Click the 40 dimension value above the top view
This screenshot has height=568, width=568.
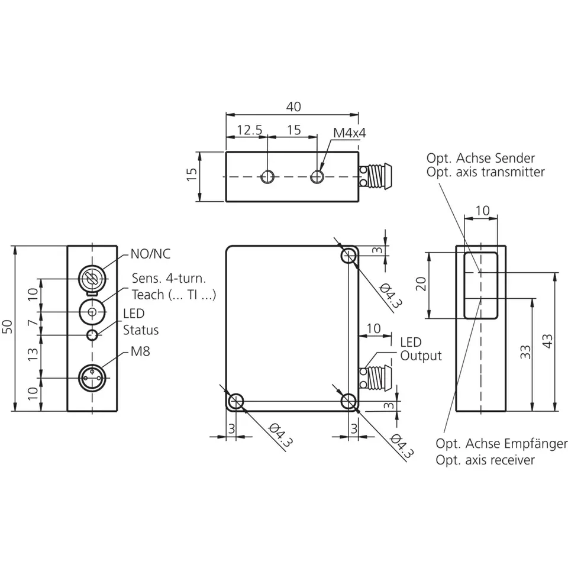293,107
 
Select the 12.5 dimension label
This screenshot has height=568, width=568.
249,130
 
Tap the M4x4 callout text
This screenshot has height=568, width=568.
350,133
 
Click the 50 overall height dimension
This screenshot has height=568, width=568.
8,327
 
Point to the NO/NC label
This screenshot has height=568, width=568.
150,254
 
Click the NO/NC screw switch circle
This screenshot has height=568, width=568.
92,279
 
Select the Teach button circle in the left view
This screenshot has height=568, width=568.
92,312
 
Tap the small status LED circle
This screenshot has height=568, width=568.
92,335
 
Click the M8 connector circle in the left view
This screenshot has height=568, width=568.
92,378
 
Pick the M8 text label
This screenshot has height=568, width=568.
140,351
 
